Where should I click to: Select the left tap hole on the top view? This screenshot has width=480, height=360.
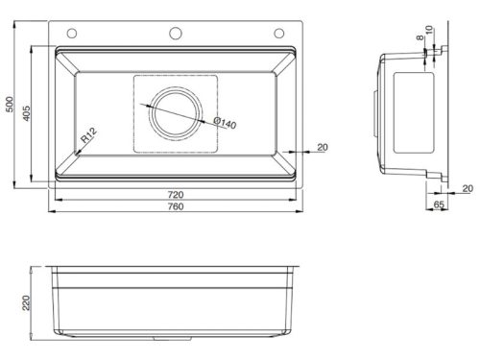point(67,33)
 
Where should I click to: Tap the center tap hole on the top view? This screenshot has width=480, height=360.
point(176,33)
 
